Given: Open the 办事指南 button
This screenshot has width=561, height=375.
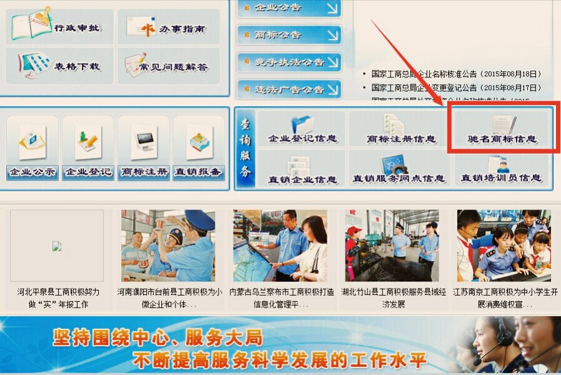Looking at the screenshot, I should click(x=169, y=27).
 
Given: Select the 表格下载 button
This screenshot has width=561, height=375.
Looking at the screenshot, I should click(x=59, y=66).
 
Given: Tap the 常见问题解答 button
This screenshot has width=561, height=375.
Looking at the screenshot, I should click(x=169, y=66).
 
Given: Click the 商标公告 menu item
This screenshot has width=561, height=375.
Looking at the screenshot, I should click(x=289, y=35).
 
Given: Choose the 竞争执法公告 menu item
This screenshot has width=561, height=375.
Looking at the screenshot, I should click(x=289, y=62).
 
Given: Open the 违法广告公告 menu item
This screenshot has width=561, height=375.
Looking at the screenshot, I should click(x=289, y=89).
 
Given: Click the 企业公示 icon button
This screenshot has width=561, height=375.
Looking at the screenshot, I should click(x=32, y=149).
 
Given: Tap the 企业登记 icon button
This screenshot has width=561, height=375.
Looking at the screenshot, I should click(x=88, y=149).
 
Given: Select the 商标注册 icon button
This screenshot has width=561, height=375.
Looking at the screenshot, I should click(x=144, y=149).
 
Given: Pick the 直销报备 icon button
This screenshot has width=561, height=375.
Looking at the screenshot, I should click(x=199, y=149).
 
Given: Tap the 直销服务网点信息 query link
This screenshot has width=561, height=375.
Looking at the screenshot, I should click(x=400, y=169).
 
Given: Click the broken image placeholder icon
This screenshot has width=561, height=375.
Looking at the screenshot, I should click(x=56, y=246).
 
